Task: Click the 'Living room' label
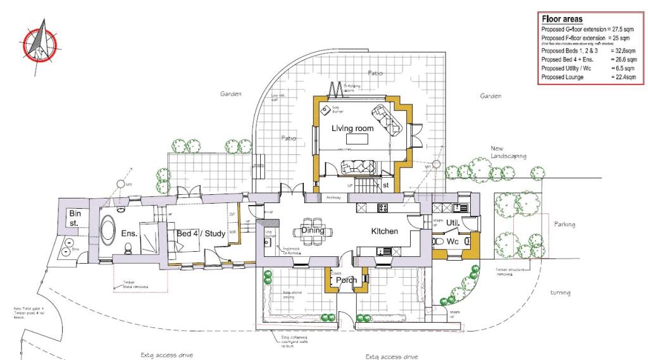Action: click(352, 128)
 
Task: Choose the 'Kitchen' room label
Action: click(384, 232)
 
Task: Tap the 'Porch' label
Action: click(346, 280)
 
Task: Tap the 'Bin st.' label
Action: click(74, 219)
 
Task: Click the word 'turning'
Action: click(560, 292)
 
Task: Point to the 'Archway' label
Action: click(333, 197)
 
